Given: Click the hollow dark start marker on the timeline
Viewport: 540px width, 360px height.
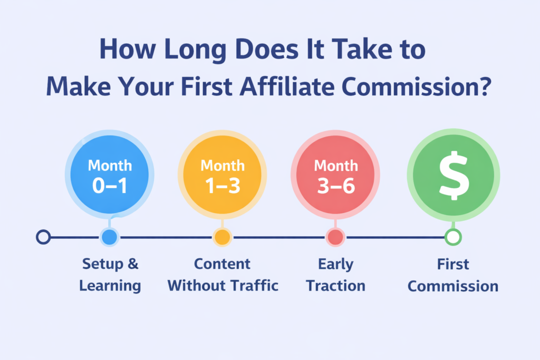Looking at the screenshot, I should (x=43, y=237).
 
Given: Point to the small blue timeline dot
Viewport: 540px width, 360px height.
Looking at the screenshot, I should (x=109, y=237).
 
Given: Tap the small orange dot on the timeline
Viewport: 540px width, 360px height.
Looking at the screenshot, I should (x=222, y=237).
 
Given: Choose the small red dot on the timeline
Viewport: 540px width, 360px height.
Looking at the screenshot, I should (x=335, y=237).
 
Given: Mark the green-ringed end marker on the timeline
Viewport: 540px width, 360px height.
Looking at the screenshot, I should (x=452, y=237).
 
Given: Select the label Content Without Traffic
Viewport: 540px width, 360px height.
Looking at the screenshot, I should (x=222, y=275).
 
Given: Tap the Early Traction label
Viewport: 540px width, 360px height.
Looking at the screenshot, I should (x=335, y=275).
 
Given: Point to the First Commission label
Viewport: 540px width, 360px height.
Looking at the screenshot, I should (x=453, y=275).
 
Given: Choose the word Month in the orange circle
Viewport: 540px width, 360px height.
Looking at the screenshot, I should (x=222, y=165).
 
